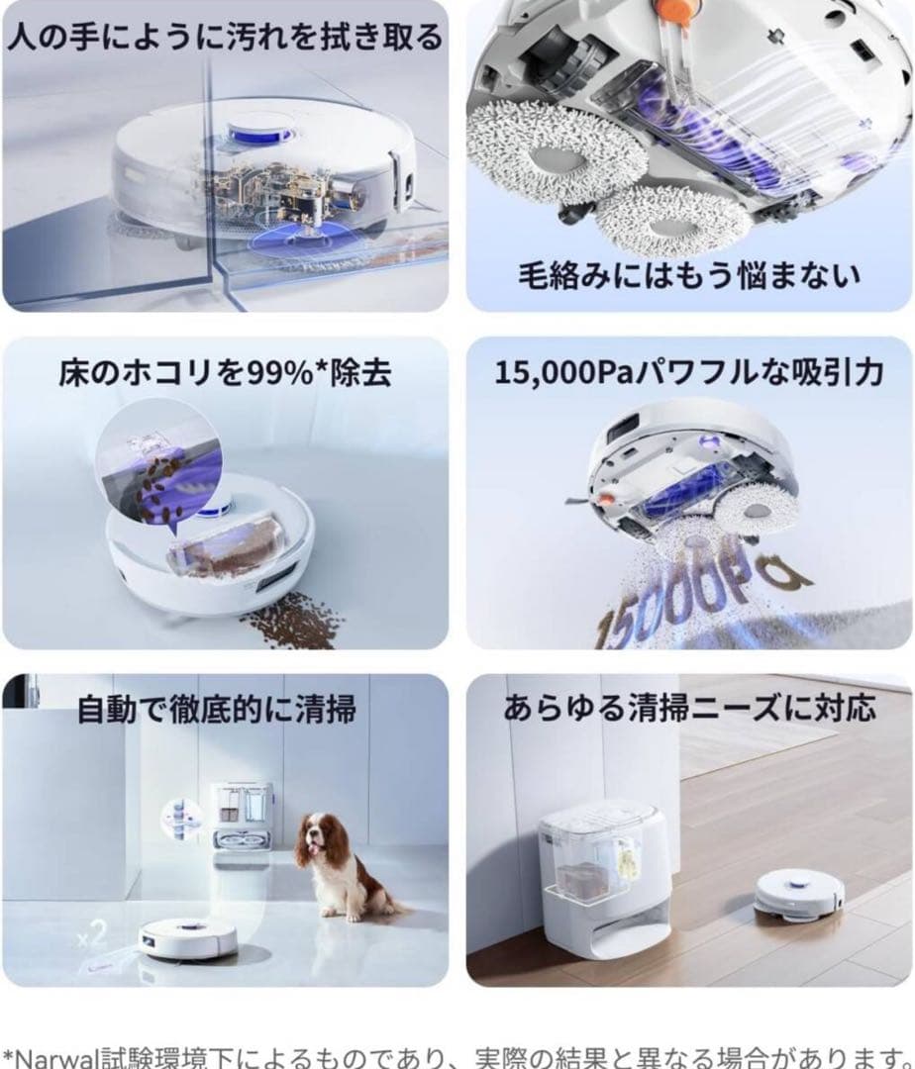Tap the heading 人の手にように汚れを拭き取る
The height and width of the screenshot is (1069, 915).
click(x=224, y=38)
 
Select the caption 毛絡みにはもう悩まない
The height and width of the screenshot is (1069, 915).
click(x=689, y=273)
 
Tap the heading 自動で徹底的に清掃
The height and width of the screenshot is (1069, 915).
click(x=216, y=710)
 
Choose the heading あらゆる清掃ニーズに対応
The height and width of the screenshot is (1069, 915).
click(x=689, y=710)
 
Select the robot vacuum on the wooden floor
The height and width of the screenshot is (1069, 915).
click(x=798, y=895)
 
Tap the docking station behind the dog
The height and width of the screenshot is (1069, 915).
click(x=241, y=818)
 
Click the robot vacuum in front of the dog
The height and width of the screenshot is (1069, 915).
click(x=187, y=935)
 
